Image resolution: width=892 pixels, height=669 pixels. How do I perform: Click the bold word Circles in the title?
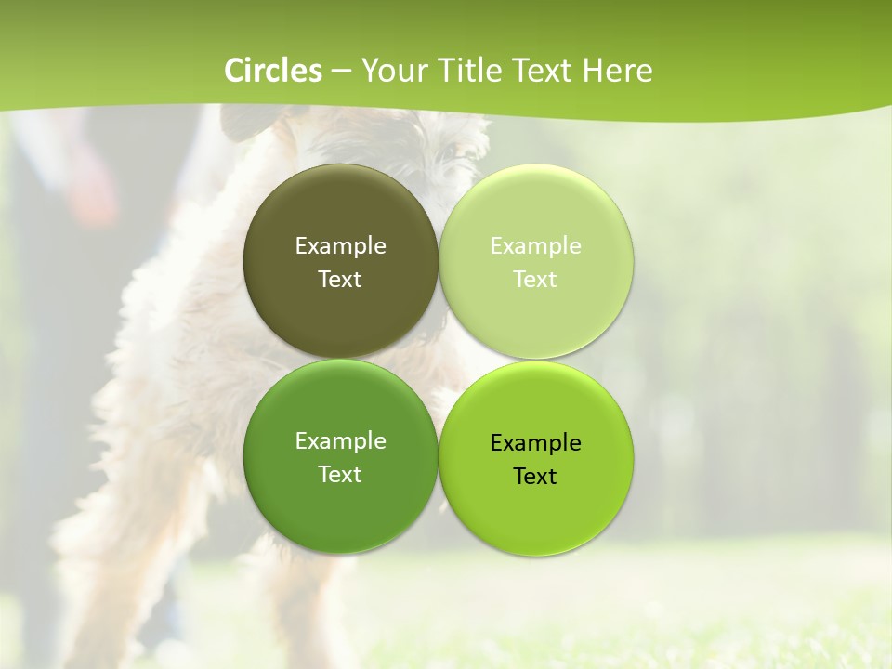273,71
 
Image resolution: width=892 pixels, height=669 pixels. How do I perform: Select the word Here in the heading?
617,71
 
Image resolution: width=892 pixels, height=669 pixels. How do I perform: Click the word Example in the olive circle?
340,246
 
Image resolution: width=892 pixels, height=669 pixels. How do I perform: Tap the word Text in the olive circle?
340,280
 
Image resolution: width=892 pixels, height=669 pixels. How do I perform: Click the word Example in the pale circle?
536,246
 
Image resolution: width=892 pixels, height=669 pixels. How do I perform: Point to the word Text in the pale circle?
536,280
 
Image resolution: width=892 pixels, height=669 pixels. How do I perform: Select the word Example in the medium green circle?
340,441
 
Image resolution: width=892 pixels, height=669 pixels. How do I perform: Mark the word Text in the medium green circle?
340,475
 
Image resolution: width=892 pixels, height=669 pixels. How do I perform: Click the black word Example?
536,443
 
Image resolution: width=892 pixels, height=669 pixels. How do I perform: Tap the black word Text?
536,477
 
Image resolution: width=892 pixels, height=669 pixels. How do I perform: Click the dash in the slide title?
341,72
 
